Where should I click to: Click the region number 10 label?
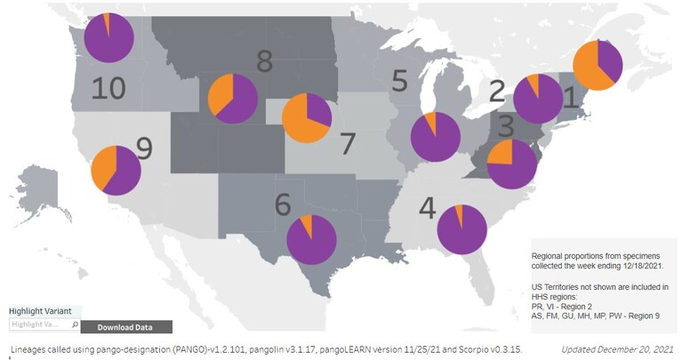(108, 88)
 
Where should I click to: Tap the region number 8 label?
(264, 61)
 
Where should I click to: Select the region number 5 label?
(400, 80)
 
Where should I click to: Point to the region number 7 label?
(348, 143)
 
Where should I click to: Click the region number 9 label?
(145, 148)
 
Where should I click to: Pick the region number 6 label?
(283, 204)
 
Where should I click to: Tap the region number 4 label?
(428, 208)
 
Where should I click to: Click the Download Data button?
(126, 327)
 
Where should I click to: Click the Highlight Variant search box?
(44, 324)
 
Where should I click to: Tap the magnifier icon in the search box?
(75, 324)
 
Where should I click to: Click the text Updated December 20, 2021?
(617, 349)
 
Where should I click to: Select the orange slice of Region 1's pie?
(588, 68)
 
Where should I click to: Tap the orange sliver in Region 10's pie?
(107, 20)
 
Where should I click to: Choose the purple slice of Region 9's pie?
(123, 172)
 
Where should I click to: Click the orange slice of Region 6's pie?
(308, 224)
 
